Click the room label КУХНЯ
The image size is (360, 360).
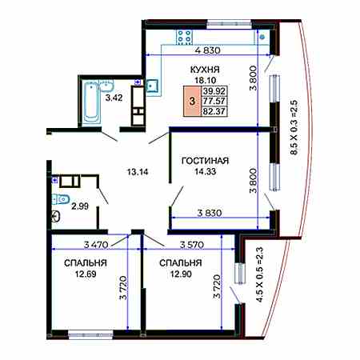[205, 70]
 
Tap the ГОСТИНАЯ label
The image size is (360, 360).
[205, 161]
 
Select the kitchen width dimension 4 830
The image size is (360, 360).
[207, 50]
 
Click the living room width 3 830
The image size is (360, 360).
[210, 213]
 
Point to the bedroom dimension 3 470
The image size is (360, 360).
[96, 245]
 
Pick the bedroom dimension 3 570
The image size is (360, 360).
[192, 245]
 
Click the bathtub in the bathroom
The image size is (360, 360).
[91, 102]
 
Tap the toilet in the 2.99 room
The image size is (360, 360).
[61, 199]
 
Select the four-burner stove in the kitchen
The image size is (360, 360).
[184, 37]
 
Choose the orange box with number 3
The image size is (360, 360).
[192, 102]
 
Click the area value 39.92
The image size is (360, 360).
[214, 91]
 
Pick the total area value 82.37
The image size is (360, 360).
[214, 111]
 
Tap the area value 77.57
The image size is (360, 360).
[214, 101]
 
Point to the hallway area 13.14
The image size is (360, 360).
[138, 172]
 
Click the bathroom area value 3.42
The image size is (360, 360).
[114, 98]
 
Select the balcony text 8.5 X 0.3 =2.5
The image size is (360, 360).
[294, 127]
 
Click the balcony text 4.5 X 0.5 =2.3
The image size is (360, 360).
[259, 274]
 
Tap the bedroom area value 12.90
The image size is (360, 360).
[181, 274]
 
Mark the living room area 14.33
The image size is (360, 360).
[205, 171]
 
